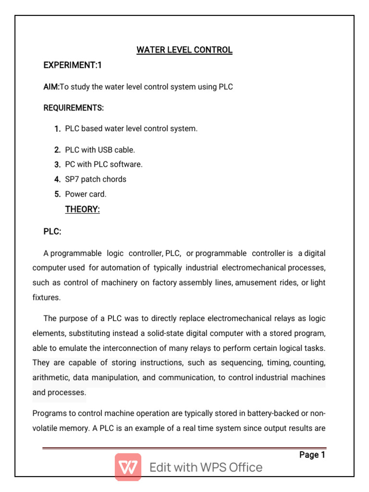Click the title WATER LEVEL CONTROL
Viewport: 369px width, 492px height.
[184, 50]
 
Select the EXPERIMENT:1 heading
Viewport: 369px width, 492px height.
[73, 65]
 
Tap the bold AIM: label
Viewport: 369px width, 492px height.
[51, 87]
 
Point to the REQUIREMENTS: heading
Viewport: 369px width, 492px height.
[74, 108]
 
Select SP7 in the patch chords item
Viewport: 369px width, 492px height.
[72, 179]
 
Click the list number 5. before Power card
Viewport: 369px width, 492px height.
[57, 194]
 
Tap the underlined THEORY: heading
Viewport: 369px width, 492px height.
[82, 209]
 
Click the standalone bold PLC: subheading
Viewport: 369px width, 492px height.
[52, 232]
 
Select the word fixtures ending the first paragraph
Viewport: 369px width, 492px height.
[46, 298]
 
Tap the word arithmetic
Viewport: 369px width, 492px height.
[51, 378]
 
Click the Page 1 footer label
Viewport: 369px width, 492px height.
[312, 455]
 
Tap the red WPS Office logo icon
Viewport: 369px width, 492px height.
[128, 467]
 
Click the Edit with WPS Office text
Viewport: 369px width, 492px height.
[206, 467]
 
